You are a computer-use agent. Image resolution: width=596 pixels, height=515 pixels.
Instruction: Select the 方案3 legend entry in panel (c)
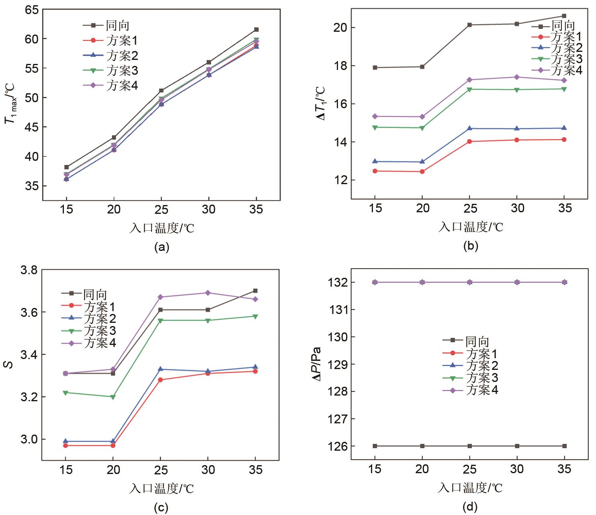100,331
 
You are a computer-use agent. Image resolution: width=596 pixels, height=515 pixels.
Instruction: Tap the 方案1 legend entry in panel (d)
481,354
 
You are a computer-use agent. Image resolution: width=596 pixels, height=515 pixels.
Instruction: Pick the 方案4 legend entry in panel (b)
566,70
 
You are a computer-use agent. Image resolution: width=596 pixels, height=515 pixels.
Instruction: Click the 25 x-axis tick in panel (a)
161,209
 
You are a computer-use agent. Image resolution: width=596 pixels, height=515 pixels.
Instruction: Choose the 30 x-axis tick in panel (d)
517,469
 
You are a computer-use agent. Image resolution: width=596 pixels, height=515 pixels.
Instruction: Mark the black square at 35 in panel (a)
256,30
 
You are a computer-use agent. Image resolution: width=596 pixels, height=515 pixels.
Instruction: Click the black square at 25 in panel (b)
469,25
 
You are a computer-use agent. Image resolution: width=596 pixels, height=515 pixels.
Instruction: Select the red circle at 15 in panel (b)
375,171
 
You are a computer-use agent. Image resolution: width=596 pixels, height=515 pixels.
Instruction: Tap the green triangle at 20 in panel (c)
113,397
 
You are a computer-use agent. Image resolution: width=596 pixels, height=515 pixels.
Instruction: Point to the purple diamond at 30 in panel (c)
208,293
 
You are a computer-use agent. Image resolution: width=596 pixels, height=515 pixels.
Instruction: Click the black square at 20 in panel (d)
422,446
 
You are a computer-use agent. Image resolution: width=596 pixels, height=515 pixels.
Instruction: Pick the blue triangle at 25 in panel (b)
469,128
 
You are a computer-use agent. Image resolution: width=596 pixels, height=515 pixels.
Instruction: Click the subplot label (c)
161,507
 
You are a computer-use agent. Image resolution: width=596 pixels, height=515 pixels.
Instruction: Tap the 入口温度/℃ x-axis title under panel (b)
470,227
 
